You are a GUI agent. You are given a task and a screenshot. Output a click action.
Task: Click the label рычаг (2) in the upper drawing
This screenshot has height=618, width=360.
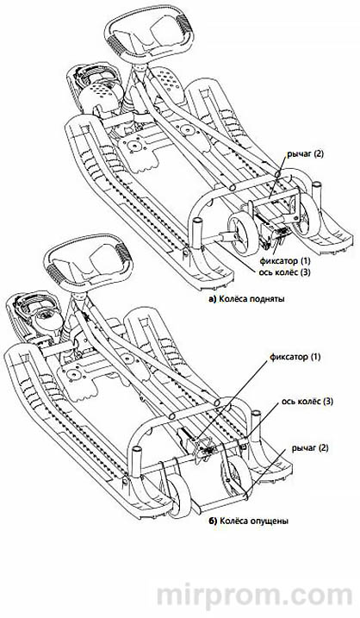[x=305, y=154]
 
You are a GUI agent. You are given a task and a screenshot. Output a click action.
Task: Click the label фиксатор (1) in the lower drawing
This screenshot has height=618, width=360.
[x=295, y=357]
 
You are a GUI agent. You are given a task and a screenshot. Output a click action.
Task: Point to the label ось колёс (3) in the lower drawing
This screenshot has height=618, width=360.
[x=307, y=402]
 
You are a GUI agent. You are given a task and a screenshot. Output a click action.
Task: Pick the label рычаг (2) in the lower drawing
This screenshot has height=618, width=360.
[x=310, y=448]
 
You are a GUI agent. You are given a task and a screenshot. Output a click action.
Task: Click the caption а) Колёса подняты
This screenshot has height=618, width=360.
[x=247, y=299]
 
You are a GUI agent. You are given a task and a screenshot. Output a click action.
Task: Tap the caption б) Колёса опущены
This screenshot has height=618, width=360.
[x=249, y=521]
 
